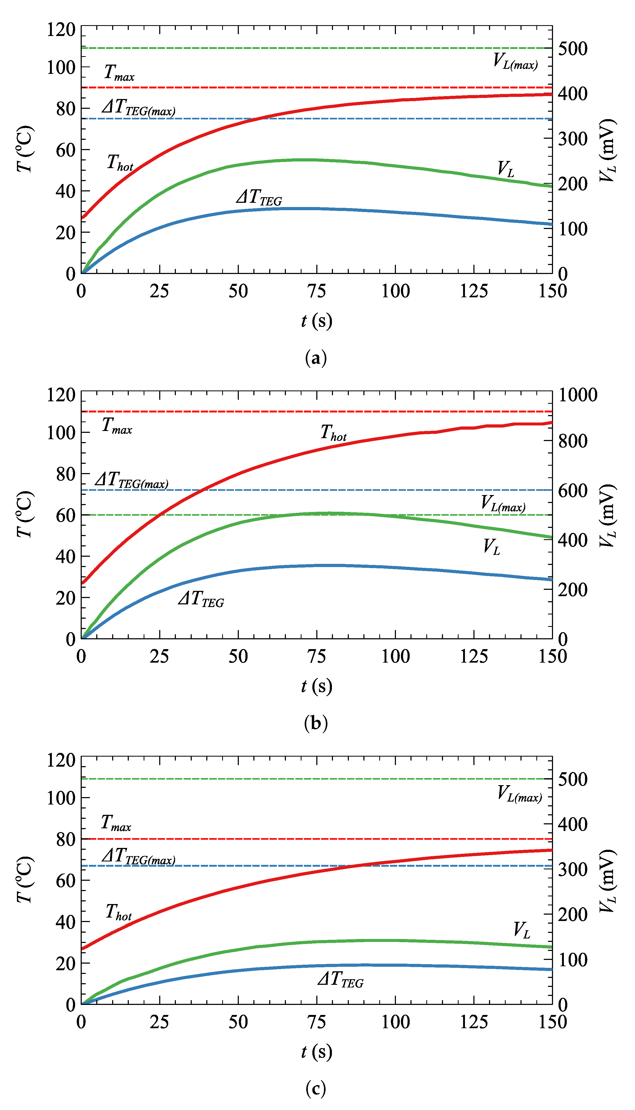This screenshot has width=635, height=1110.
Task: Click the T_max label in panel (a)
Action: pyautogui.click(x=119, y=73)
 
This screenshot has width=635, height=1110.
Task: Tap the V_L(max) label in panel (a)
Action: pyautogui.click(x=515, y=61)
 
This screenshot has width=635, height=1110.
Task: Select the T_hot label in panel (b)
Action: pyautogui.click(x=333, y=433)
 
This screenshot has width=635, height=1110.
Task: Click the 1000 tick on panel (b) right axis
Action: pyautogui.click(x=578, y=395)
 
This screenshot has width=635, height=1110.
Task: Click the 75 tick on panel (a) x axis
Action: pyautogui.click(x=317, y=291)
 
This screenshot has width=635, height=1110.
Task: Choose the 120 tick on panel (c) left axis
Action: pyautogui.click(x=61, y=760)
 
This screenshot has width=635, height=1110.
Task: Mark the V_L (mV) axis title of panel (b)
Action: pyautogui.click(x=607, y=515)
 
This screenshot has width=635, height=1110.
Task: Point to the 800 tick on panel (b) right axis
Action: pyautogui.click(x=573, y=441)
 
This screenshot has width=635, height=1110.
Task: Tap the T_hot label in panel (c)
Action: pyautogui.click(x=119, y=911)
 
